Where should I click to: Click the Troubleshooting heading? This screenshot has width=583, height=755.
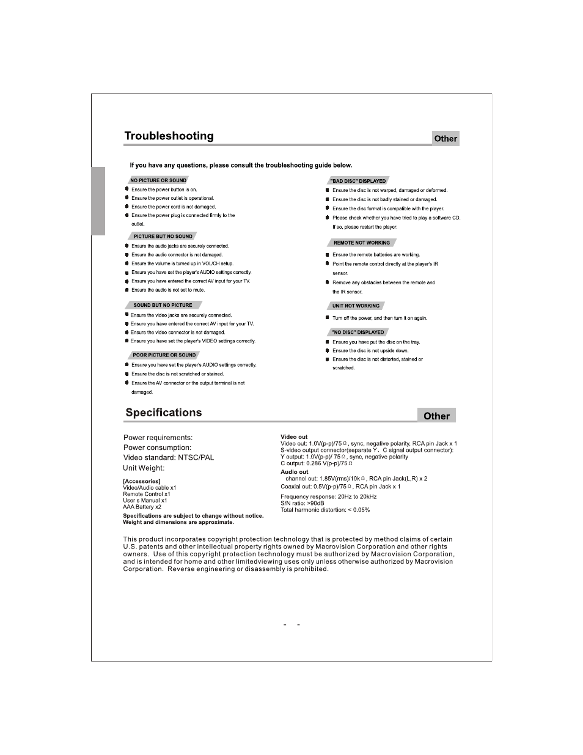click(169, 136)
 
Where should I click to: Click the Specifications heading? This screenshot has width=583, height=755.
click(164, 413)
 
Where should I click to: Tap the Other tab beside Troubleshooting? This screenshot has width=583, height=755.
click(446, 139)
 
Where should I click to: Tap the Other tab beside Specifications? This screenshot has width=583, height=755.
click(436, 416)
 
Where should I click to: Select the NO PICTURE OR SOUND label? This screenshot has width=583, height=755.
click(158, 180)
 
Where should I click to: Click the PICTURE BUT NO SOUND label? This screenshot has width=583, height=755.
click(163, 236)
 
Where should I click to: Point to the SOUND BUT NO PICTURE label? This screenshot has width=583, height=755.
click(163, 305)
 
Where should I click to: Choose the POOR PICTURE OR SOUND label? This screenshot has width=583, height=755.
click(164, 355)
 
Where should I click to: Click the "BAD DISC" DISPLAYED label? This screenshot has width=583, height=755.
click(359, 181)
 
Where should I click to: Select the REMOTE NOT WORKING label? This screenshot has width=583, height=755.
click(362, 243)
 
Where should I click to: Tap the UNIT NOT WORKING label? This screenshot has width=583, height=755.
click(356, 306)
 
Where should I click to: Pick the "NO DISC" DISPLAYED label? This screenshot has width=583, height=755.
click(358, 332)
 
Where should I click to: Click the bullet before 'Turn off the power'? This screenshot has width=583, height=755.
click(328, 318)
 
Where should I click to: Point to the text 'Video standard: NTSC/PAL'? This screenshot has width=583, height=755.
click(169, 457)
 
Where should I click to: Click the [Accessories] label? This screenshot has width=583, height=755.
click(142, 481)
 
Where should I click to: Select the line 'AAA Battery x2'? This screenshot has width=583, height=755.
click(142, 507)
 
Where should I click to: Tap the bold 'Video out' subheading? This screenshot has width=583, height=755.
click(294, 437)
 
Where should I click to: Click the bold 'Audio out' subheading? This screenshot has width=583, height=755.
click(295, 472)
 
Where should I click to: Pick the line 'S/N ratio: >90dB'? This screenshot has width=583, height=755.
click(302, 503)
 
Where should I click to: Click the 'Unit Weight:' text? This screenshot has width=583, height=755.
click(144, 468)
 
